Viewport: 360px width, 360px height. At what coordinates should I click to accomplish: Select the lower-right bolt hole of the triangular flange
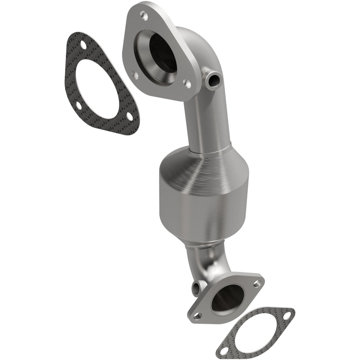[x=188, y=84]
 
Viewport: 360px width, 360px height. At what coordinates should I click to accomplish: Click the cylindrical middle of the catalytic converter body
[x=204, y=207]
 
